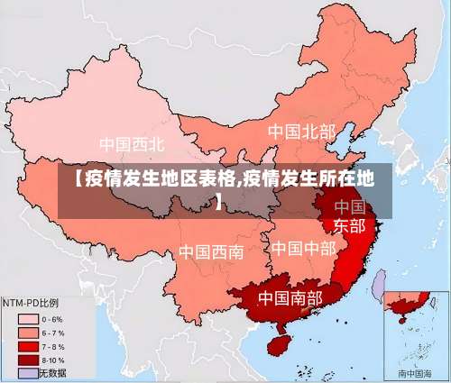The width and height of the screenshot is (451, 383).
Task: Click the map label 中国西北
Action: click(x=132, y=143)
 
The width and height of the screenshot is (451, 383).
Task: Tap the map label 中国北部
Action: click(x=300, y=132)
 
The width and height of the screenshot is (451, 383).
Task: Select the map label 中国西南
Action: click(x=210, y=251)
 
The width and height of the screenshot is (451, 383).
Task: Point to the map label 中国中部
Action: click(x=303, y=247)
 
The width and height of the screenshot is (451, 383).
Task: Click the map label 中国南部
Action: click(x=290, y=296)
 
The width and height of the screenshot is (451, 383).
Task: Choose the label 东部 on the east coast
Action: click(x=350, y=225)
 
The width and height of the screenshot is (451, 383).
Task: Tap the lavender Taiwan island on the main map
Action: click(x=380, y=286)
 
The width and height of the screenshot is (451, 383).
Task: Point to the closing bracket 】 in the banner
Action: click(x=219, y=199)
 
